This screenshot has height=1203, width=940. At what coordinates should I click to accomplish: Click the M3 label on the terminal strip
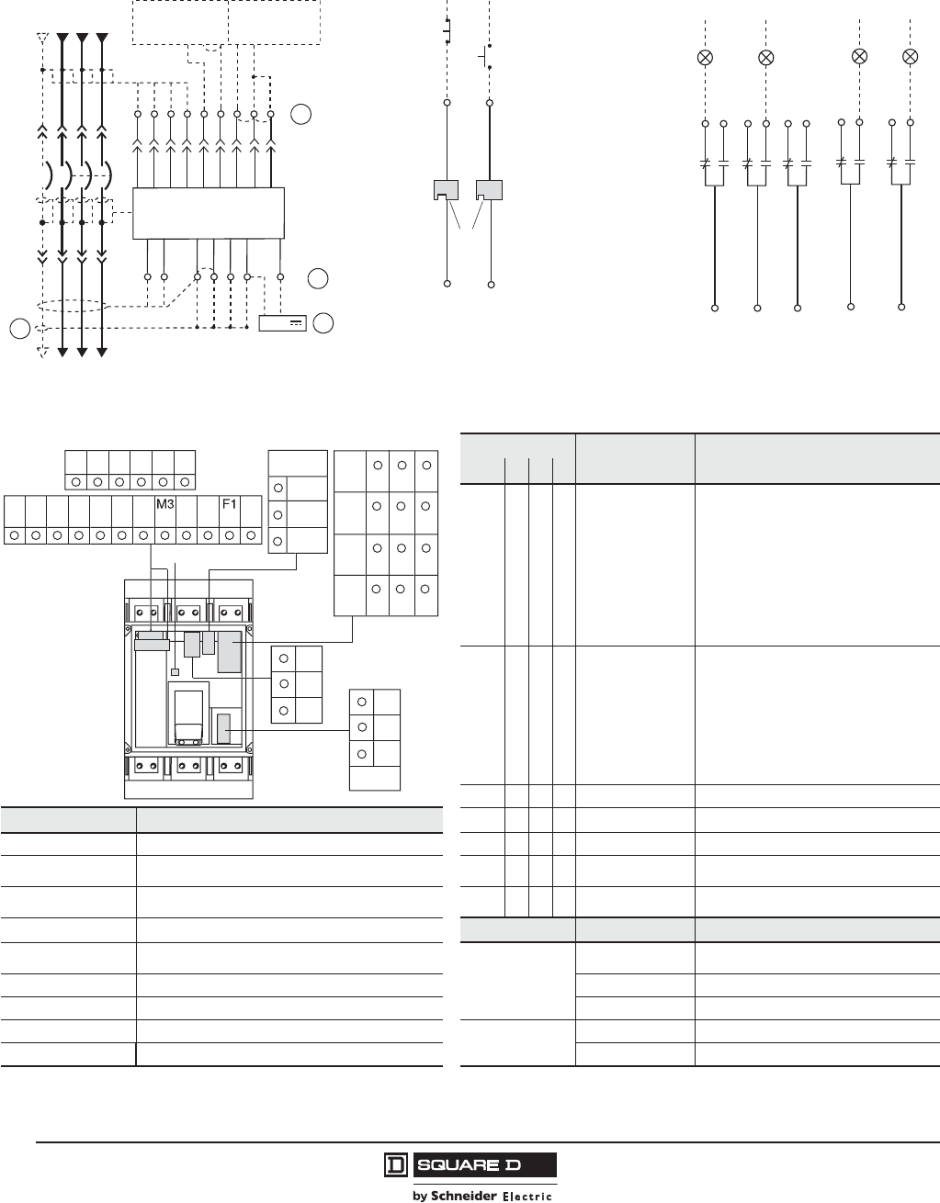coord(165,504)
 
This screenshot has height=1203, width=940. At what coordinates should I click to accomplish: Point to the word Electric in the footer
coord(527,1196)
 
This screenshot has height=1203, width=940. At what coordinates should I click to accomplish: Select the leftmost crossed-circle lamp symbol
coord(706,58)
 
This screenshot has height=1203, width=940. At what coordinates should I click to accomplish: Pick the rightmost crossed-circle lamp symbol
coord(910,57)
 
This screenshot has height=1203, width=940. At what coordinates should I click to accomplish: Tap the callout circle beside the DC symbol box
coord(323,322)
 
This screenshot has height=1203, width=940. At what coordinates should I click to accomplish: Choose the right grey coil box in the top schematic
coord(490,190)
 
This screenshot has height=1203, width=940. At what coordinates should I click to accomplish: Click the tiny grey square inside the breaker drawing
coord(175,672)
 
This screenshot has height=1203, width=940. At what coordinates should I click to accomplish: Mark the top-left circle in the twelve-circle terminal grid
coord(377,465)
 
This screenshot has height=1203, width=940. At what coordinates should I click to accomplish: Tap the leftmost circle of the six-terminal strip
coord(75,481)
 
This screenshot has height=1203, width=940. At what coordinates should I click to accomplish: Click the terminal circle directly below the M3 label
coord(165,534)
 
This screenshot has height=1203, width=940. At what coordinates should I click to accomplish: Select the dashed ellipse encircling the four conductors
coord(72,308)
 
